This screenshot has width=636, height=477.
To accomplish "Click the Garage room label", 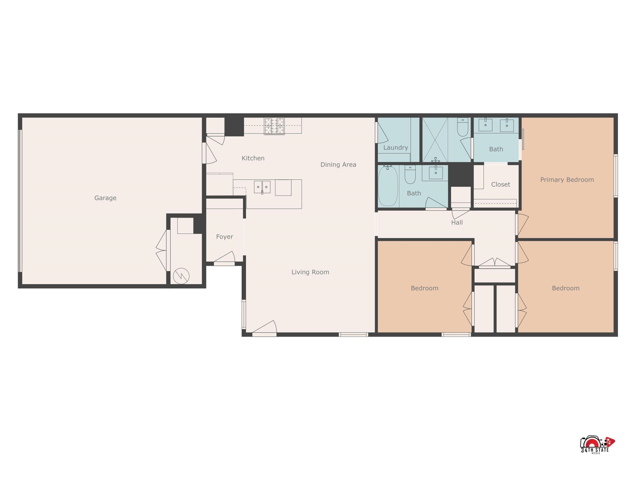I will coord(105,198).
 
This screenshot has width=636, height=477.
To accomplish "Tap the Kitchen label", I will coord(253,158).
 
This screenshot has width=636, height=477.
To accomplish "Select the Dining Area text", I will coord(338,165).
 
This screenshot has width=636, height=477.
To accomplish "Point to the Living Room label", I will coord(310,272).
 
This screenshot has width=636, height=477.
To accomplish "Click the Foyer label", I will coord(224,237).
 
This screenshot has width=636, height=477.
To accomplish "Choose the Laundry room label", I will coord(395,148).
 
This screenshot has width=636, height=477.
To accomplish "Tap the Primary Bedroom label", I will coord(567,179).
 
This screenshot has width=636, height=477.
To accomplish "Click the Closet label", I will coord(500,184).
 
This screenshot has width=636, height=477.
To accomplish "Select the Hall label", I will coord(457,222).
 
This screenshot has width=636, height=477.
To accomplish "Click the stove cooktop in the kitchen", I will coord(274,126).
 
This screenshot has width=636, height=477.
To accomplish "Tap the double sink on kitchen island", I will coord(262,187).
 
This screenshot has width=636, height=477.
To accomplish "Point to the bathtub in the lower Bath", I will coord(388,186).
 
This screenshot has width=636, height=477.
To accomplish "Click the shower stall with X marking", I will coord(435,140).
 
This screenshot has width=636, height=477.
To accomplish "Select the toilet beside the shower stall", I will coord(462,127).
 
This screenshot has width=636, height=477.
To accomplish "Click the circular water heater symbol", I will coord(181,276).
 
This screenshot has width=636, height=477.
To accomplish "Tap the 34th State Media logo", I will coord(597,445).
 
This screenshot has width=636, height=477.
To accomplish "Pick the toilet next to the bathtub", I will coord(410,175).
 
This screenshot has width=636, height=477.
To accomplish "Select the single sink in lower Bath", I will coord(436,172).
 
